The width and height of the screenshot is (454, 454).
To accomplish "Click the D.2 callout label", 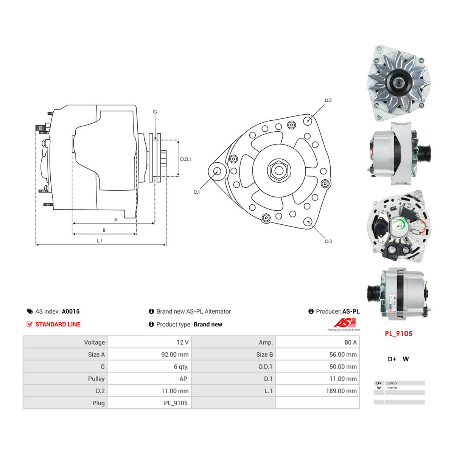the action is coord(328,100).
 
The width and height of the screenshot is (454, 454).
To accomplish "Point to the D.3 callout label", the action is coord(328,241).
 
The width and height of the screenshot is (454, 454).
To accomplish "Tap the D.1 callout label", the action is coord(196,192).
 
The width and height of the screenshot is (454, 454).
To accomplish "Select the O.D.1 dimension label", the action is coord(185,159).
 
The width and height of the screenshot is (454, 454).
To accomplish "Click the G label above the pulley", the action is coord(155,112).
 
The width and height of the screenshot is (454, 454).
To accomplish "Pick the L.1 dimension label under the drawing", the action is coord(100,241).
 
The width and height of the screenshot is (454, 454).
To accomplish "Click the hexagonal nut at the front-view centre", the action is coord(279,170).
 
